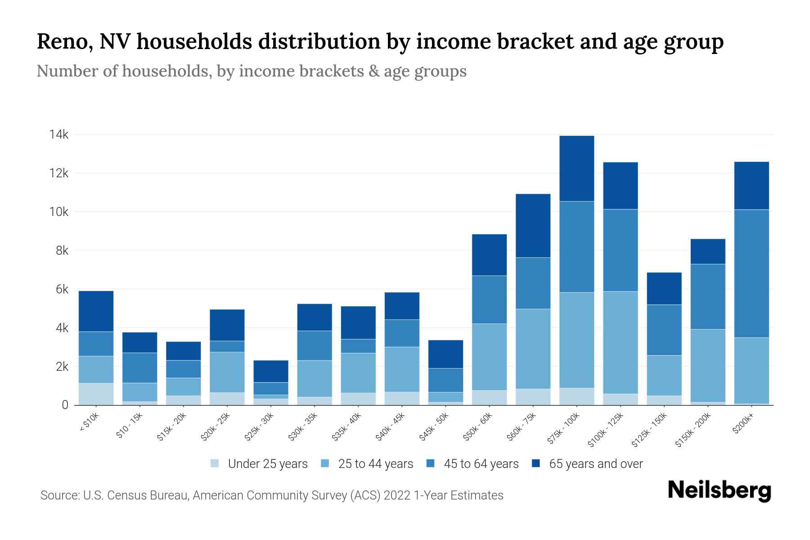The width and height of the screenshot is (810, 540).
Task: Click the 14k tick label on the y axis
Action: (59, 135)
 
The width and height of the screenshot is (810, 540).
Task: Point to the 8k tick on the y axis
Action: (62, 251)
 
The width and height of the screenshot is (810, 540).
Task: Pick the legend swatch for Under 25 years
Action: (215, 463)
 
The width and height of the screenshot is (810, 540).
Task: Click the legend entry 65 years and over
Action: (595, 463)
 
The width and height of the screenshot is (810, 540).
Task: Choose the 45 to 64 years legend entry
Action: (481, 463)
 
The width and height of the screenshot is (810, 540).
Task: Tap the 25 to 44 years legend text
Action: (375, 463)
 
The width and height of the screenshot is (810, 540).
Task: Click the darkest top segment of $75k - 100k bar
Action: (576, 168)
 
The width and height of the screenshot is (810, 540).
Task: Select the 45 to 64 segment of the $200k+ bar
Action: (751, 273)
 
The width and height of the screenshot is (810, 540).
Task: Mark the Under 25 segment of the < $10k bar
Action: (96, 394)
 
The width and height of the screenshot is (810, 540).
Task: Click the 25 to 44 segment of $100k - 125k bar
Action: (620, 342)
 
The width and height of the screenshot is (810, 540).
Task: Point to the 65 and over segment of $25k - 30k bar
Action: (271, 371)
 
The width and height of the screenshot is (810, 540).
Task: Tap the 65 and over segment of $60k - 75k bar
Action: (533, 225)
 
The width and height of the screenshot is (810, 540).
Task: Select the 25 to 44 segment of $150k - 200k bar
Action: (707, 365)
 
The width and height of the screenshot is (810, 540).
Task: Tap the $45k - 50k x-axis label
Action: (434, 426)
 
